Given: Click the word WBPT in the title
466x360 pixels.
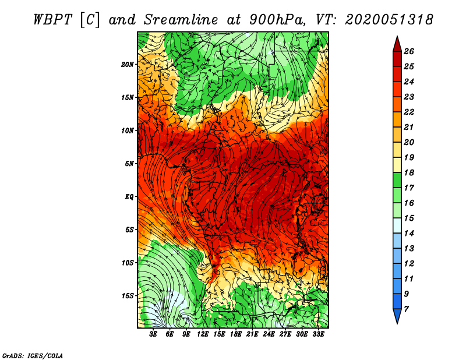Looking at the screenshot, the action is tap(52, 20).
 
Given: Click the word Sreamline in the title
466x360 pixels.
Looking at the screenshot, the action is tap(181, 20).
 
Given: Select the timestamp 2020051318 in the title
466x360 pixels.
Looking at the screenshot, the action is tap(389, 20).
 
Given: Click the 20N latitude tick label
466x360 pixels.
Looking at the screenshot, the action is tap(128, 65).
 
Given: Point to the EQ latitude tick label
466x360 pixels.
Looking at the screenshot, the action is tap(129, 197).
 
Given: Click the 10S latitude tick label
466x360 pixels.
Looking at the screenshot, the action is tap(128, 263).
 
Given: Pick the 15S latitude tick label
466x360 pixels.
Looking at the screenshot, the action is tap(128, 296).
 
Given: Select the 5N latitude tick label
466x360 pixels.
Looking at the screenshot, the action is tap(129, 164).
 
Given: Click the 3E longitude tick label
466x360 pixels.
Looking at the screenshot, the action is tap(153, 334).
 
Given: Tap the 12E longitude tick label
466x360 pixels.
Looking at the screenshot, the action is tap(203, 334).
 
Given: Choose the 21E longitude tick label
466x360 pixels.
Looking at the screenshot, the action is tap(252, 334).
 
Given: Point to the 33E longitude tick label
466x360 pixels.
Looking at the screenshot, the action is tap(318, 334).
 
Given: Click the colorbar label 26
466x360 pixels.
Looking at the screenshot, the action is tap(409, 51).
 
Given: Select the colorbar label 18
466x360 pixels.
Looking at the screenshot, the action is tap(409, 172).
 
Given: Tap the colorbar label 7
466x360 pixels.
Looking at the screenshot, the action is tap(406, 309).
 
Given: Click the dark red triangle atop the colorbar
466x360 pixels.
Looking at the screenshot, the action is tap(397, 44).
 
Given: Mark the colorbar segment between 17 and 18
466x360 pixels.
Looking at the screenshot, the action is tap(397, 180).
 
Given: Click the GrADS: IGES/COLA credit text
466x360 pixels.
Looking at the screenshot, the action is tap(33, 356).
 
